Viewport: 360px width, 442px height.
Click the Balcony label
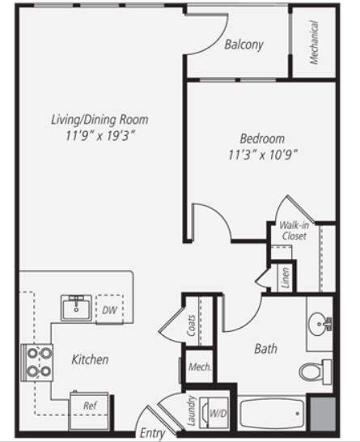tap(244, 45)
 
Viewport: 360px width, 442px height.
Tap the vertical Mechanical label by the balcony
tap(314, 42)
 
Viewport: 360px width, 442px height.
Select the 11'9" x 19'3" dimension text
tap(100, 135)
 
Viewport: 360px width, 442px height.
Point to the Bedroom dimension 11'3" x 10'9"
tap(263, 155)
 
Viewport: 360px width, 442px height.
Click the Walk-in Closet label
tap(294, 231)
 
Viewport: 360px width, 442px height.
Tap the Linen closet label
tap(286, 278)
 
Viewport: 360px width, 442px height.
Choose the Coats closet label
tap(191, 325)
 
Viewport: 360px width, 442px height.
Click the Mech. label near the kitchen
tap(200, 367)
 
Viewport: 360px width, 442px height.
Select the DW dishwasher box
tap(109, 309)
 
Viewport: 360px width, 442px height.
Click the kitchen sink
tap(76, 308)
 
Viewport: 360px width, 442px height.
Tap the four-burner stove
tap(37, 363)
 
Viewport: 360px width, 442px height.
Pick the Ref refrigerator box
tap(89, 410)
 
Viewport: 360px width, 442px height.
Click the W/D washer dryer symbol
tap(214, 413)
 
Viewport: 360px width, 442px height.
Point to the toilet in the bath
tap(316, 372)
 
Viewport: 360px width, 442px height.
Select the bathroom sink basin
tap(318, 324)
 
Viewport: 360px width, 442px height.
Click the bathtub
tap(271, 414)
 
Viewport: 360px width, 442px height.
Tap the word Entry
tap(152, 433)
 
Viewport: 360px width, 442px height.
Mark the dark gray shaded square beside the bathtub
tap(323, 414)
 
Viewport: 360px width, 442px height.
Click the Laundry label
tap(191, 410)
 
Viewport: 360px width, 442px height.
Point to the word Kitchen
tap(90, 359)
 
